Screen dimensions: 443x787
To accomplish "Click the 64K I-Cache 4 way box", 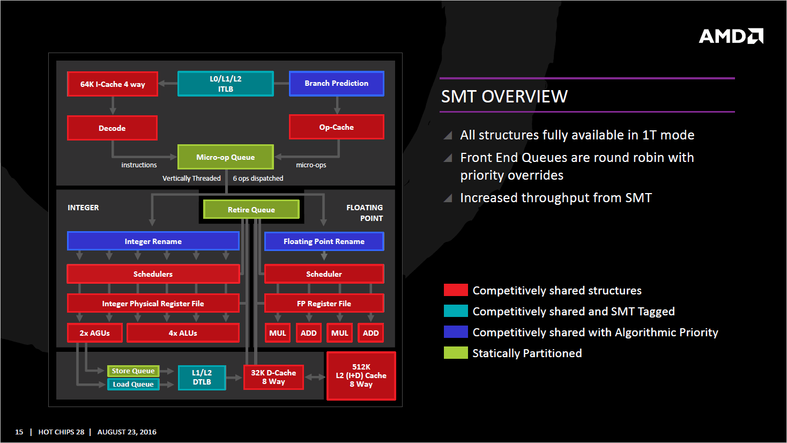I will pos(113,84).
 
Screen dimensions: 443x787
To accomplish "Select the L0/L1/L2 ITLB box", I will pos(226,84).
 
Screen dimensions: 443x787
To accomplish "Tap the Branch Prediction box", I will pos(336,84).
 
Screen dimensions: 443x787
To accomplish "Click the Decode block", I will pos(112,128).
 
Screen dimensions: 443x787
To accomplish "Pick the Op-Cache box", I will pos(336,127).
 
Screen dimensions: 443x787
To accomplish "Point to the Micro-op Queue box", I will pos(225,157).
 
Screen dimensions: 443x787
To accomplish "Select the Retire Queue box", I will pos(251,210).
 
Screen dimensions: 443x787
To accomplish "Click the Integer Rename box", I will pos(153,241).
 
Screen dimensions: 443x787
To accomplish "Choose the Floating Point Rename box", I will pos(324,241).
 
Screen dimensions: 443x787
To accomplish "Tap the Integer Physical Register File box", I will pos(153,304).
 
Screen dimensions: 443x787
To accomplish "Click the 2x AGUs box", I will pos(95,333).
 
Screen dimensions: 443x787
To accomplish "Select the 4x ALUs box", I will pos(183,333).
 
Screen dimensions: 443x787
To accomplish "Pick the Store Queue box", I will pos(133,371).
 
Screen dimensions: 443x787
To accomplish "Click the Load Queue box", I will pos(133,385).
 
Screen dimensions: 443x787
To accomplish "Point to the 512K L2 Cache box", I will pos(361,376).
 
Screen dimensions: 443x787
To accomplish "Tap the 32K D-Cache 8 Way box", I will pos(273,377).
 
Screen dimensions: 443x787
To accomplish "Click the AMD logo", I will pos(731,36).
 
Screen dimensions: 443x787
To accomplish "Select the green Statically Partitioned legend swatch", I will pos(456,353).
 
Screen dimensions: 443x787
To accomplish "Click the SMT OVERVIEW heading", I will pos(504,97).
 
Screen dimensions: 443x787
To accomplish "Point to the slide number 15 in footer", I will pos(19,432).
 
